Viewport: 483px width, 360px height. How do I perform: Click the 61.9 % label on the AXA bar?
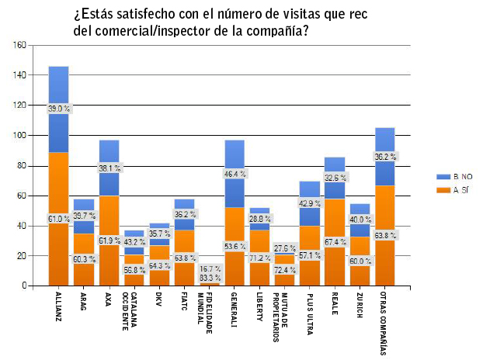109,241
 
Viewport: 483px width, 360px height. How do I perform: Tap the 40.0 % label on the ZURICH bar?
360,220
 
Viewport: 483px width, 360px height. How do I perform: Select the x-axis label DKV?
159,301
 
